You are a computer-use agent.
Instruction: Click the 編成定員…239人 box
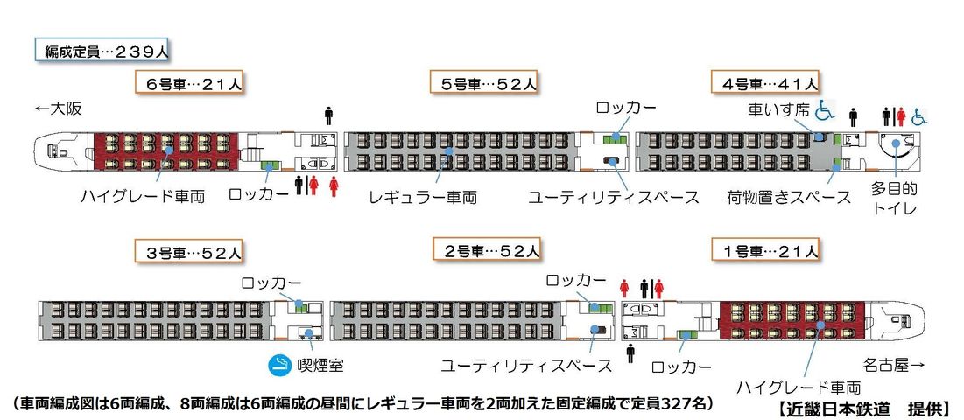(102, 51)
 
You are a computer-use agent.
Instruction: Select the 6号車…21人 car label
(190, 83)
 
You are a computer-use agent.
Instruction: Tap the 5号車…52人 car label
(485, 83)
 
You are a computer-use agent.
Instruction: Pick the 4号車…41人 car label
(764, 83)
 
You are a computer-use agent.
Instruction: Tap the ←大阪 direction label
(59, 109)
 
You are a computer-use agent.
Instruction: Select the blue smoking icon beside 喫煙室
(279, 366)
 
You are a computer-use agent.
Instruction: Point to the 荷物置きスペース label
(789, 197)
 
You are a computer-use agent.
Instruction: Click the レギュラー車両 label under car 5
(424, 197)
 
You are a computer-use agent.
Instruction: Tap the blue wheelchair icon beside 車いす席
(825, 110)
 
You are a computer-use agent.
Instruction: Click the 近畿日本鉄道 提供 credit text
(863, 408)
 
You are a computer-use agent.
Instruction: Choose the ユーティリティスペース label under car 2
(526, 366)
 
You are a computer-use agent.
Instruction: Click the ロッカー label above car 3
(271, 283)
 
